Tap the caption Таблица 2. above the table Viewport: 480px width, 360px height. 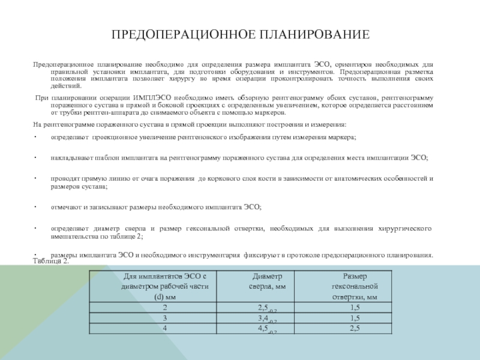click(51, 262)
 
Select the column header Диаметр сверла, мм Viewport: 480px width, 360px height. click(267, 281)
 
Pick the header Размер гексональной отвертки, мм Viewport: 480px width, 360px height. click(355, 286)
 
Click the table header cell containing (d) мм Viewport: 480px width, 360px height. click(164, 296)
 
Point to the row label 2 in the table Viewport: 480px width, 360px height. click(164, 308)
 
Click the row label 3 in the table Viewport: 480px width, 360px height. click(164, 317)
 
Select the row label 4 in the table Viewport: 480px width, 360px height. click(164, 328)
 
